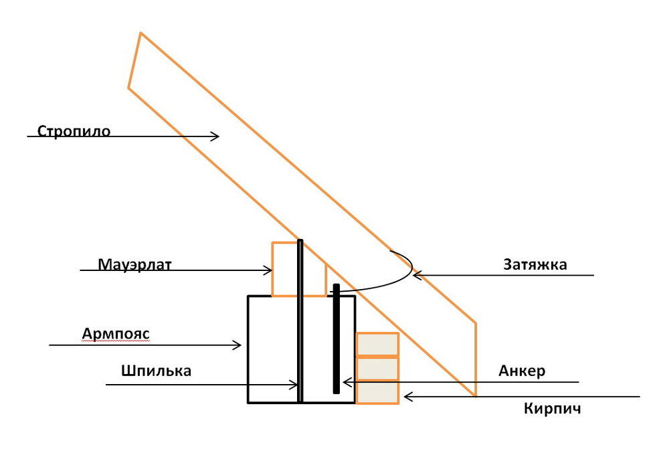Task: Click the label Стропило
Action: tap(74, 130)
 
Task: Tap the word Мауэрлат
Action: tap(134, 264)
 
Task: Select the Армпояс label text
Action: tap(116, 333)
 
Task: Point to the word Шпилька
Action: tap(156, 371)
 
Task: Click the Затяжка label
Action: tap(535, 264)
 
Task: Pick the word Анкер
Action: tap(522, 371)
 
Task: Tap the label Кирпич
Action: tap(553, 409)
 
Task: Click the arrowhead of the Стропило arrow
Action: tap(216, 136)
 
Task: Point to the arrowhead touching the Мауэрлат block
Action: tap(268, 270)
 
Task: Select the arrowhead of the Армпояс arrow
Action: tap(237, 345)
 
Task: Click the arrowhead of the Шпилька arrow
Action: tap(294, 385)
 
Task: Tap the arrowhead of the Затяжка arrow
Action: tap(417, 275)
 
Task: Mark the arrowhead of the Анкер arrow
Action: tap(347, 382)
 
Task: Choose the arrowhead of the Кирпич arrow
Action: tap(408, 397)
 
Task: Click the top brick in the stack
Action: tap(377, 344)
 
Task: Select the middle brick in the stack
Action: tap(377, 368)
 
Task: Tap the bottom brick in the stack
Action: tap(377, 392)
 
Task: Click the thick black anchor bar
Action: tap(337, 339)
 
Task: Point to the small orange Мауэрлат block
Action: tap(299, 269)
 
